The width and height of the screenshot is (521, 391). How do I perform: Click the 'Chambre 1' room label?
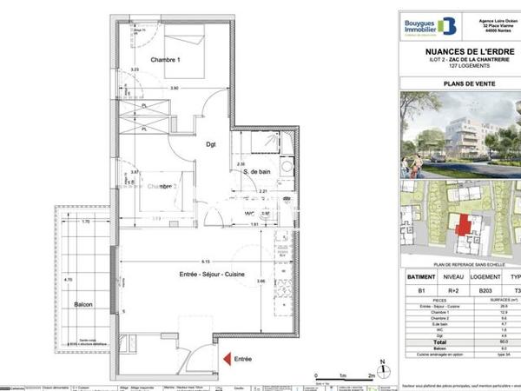click(x=165, y=60)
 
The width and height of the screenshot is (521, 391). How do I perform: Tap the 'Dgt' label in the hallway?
click(x=210, y=146)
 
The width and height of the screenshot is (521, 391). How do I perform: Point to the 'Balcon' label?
click(x=83, y=305)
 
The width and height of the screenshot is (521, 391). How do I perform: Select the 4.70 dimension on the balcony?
click(x=69, y=280)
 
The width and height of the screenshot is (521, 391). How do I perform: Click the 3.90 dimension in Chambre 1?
click(x=174, y=89)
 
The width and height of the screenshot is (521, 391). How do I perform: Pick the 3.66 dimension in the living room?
click(x=260, y=282)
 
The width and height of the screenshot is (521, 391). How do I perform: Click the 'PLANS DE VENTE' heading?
click(x=459, y=84)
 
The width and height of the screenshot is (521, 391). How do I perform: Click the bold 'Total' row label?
click(x=425, y=342)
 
